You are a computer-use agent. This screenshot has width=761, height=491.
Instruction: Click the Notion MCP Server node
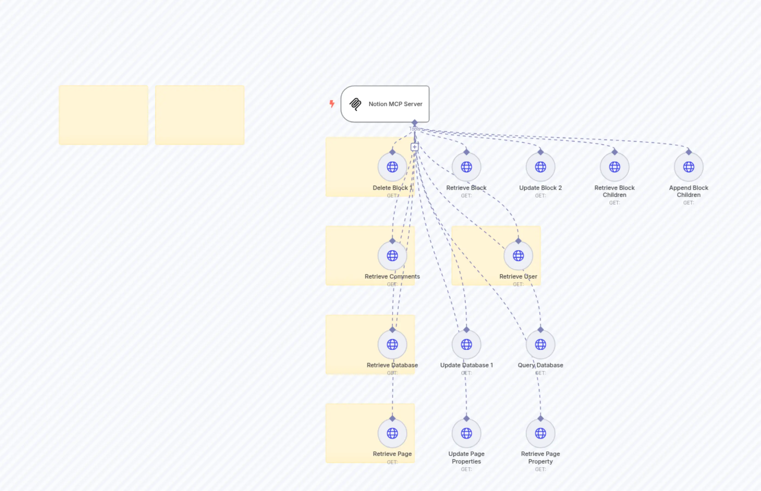tap(385, 104)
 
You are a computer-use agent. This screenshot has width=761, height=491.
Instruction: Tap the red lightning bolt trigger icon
tap(332, 104)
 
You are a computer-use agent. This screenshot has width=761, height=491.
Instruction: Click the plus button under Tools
tap(414, 147)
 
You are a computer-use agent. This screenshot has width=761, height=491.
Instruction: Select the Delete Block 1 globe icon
tap(392, 167)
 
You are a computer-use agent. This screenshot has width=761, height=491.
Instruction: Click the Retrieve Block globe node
tap(466, 167)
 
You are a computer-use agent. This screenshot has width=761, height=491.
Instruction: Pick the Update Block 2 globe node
tap(540, 167)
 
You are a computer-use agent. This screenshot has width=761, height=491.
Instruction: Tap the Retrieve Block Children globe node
tap(614, 167)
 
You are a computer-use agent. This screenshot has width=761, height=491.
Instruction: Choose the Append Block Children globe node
tap(689, 167)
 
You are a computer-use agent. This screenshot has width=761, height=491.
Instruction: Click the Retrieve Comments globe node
tap(392, 255)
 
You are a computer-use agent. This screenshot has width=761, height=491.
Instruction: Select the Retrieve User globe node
tap(518, 255)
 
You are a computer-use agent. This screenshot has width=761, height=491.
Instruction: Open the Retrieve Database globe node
tap(392, 344)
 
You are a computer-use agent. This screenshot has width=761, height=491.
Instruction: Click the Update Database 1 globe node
tap(466, 344)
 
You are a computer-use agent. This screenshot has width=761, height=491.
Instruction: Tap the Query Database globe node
tap(540, 344)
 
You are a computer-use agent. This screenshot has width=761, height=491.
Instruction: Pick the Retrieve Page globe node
tap(392, 433)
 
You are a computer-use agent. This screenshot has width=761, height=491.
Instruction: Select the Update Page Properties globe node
tap(466, 433)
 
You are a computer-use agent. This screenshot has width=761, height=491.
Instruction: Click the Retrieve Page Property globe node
tap(540, 433)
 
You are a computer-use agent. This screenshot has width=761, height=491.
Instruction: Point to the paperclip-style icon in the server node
tap(355, 104)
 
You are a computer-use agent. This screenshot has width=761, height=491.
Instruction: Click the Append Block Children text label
tap(689, 191)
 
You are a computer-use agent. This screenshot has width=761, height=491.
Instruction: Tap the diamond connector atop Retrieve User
tap(518, 241)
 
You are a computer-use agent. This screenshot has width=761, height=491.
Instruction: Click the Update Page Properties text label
tap(466, 458)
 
